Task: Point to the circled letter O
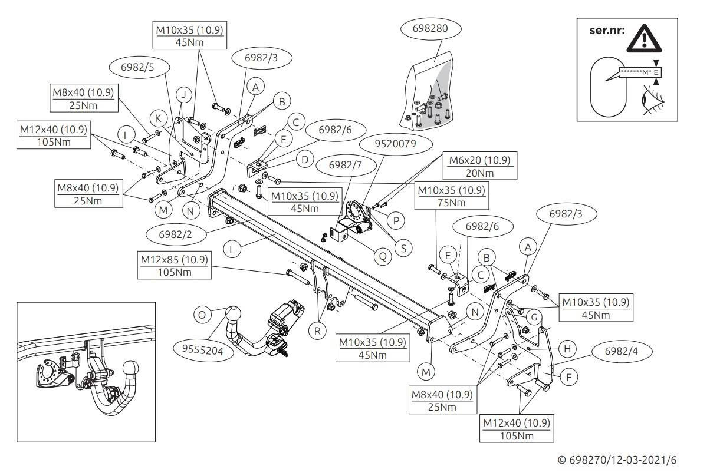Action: pyautogui.click(x=202, y=315)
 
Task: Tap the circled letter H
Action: pyautogui.click(x=567, y=349)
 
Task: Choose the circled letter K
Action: pyautogui.click(x=159, y=118)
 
